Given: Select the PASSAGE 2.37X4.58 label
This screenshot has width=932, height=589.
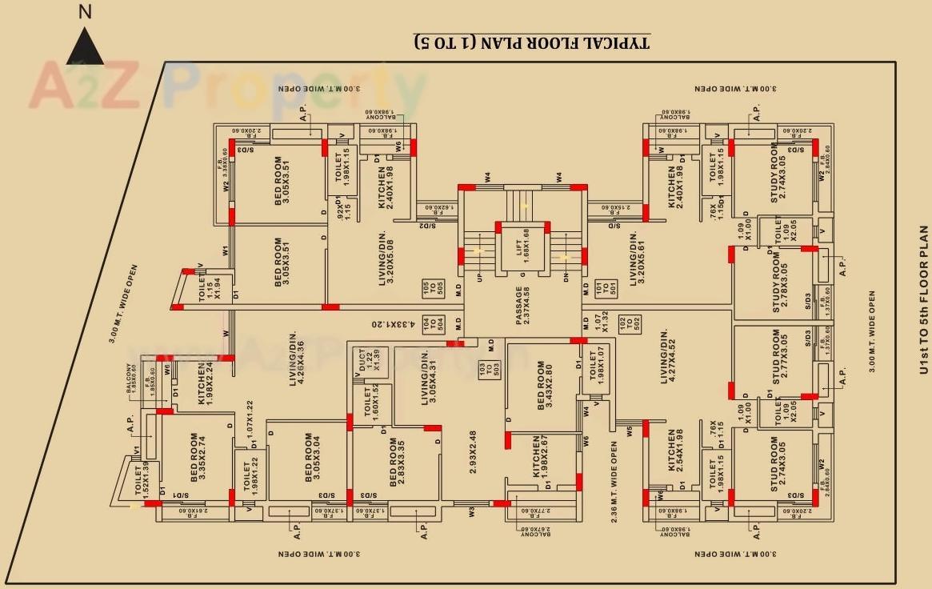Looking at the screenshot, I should pyautogui.click(x=523, y=306).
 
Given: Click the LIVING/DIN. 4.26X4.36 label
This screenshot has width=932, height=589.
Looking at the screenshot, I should pyautogui.click(x=296, y=365).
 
